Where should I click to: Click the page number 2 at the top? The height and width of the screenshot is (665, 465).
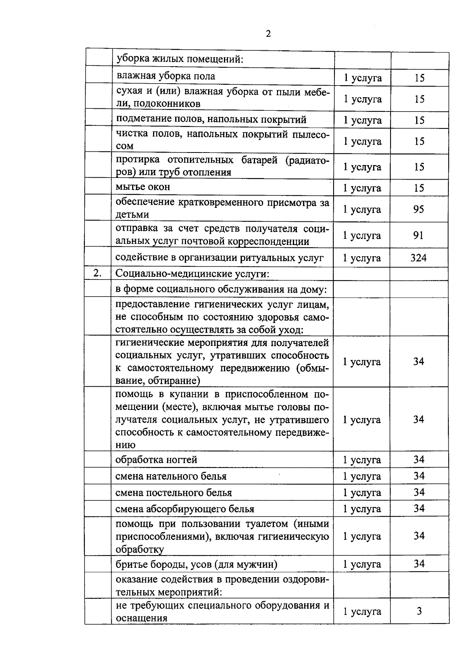coord(268,34)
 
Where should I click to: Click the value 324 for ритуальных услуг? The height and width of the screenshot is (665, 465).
coord(418,258)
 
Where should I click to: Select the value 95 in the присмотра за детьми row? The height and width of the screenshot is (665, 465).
coord(418,209)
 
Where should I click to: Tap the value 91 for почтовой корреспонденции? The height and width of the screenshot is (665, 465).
coord(418,235)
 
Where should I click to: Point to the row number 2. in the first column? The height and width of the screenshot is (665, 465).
coord(97,273)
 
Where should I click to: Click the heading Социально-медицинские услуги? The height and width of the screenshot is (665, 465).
coord(192,274)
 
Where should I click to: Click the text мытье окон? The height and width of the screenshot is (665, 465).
coord(143,187)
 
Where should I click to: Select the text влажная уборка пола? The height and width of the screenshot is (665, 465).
coord(166,76)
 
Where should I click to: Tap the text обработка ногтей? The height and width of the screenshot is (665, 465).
coord(157,459)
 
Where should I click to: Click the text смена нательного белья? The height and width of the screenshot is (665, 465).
coord(171,476)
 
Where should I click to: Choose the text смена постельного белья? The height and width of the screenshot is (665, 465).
coord(174,493)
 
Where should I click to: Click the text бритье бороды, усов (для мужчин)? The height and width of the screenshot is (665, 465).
coord(196,564)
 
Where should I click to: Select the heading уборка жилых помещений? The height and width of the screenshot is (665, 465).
coord(180,60)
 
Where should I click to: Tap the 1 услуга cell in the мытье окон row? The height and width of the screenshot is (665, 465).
coord(362,188)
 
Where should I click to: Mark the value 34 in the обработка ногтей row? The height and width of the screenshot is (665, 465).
coord(419,459)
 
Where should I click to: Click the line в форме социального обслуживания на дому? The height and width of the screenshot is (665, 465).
coord(221,290)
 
